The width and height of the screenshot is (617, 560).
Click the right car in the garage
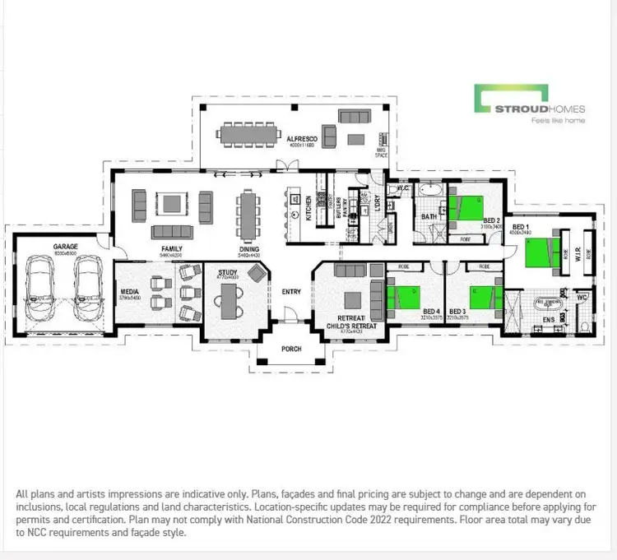[x=87, y=289]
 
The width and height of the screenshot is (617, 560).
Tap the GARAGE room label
[x=65, y=245]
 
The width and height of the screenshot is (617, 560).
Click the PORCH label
[x=291, y=349]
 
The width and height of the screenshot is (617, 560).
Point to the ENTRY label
[x=291, y=291]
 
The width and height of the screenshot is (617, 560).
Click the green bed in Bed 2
[x=470, y=206]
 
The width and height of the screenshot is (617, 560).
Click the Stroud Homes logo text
[x=540, y=109]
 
